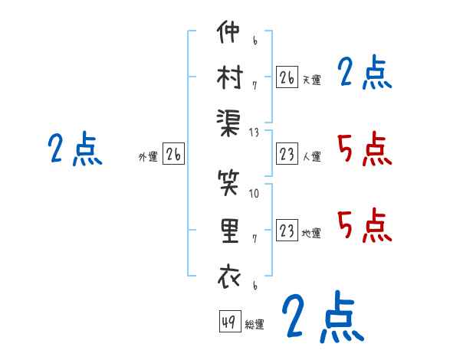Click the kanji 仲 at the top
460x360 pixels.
(228, 34)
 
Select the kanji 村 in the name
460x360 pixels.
(228, 77)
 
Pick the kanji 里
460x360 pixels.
(228, 231)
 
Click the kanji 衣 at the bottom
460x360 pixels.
(228, 275)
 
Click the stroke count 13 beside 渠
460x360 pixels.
(254, 133)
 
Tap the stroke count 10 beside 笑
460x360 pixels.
(254, 193)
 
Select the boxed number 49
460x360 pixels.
(228, 322)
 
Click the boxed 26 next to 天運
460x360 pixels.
(286, 77)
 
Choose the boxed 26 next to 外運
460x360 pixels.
(173, 155)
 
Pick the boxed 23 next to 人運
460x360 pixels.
(286, 155)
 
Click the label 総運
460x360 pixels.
(255, 325)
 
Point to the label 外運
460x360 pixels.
(148, 157)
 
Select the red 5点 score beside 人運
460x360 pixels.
(364, 148)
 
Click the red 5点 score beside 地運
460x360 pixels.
(364, 224)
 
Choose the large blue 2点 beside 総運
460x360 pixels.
(321, 316)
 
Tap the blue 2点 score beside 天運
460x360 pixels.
(364, 74)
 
